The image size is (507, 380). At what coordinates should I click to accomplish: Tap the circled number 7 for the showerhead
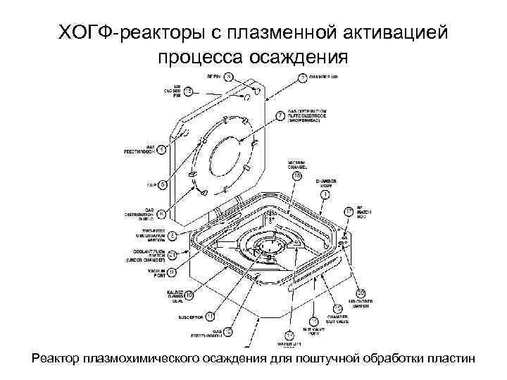[281, 114]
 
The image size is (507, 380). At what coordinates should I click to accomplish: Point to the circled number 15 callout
[188, 91]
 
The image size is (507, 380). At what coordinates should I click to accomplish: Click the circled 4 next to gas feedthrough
[162, 149]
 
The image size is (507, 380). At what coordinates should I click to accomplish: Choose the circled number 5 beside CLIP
[163, 185]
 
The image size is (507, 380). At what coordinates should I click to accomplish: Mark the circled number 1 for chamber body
[325, 194]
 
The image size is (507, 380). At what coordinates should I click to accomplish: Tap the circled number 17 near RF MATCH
[349, 211]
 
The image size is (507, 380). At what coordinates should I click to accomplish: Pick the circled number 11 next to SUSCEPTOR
[209, 317]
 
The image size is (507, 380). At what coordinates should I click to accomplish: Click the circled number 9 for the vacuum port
[171, 270]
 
